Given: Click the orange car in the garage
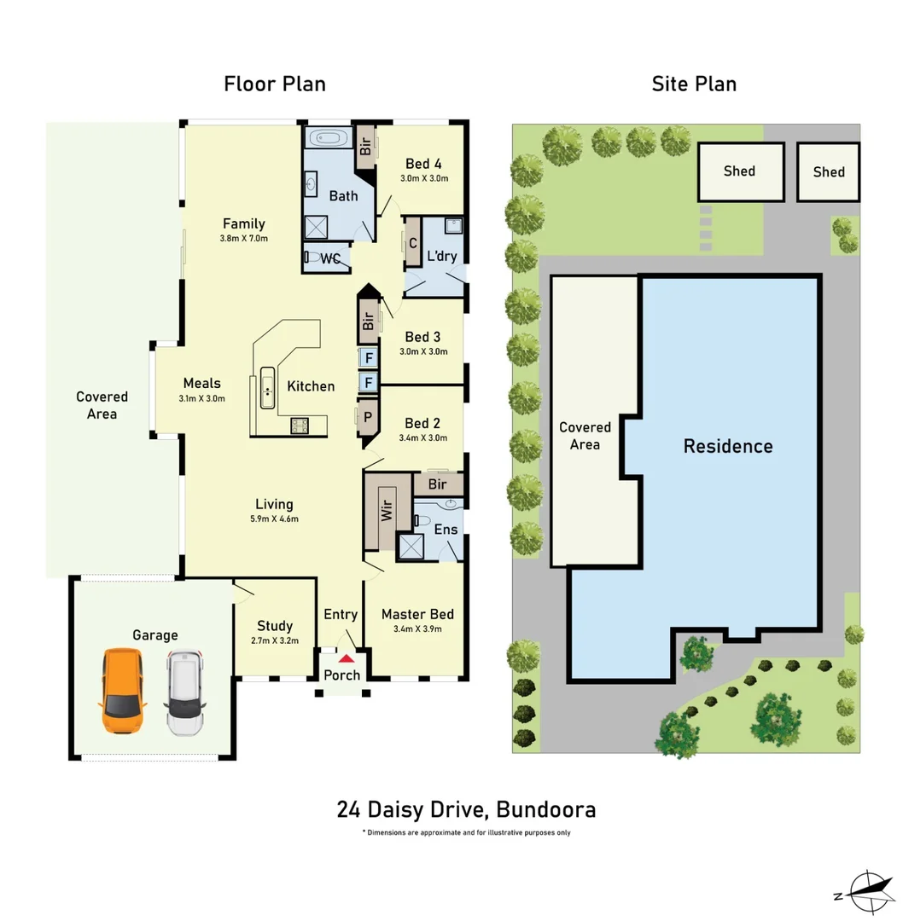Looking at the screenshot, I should click(x=123, y=692).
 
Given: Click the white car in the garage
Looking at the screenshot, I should click(x=184, y=693).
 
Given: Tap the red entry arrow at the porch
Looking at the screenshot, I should click(x=346, y=658).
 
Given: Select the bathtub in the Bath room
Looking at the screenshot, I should click(x=327, y=139).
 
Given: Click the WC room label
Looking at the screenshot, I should click(x=331, y=258).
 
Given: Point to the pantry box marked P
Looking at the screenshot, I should click(x=368, y=417).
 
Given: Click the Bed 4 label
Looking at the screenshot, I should click(x=423, y=164).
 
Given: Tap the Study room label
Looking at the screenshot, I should click(x=274, y=626).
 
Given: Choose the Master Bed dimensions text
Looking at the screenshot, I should click(x=417, y=629).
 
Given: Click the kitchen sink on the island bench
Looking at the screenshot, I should click(x=267, y=391).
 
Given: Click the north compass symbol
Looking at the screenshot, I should click(x=868, y=889).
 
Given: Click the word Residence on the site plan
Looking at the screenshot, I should click(x=728, y=446).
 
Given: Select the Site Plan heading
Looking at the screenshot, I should click(x=694, y=84).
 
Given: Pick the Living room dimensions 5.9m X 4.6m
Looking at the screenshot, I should click(x=274, y=518).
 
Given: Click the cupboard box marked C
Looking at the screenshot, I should click(x=413, y=243).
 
